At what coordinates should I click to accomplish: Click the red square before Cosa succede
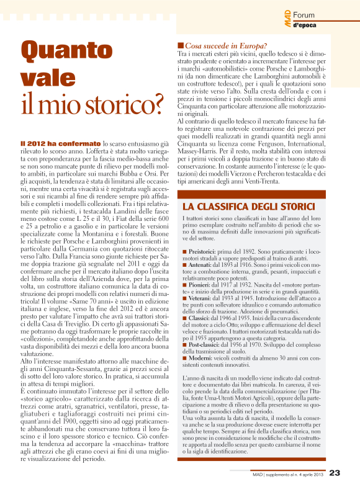181,45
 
